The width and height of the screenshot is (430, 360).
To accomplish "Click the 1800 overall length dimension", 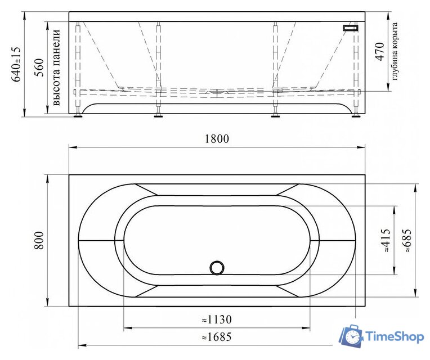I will pyautogui.click(x=217, y=139).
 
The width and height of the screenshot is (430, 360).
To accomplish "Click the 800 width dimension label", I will pyautogui.click(x=39, y=241).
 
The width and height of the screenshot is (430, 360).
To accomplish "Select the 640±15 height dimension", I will pyautogui.click(x=17, y=63).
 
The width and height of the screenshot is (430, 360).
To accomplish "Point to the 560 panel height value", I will pyautogui.click(x=39, y=67).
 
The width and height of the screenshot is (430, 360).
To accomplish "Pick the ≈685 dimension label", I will pyautogui.click(x=407, y=240).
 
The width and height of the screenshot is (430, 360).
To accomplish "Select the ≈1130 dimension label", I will pyautogui.click(x=217, y=319).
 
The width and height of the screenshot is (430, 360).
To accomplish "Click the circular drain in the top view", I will pyautogui.click(x=217, y=268).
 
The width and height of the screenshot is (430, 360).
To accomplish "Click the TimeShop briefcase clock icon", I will pyautogui.click(x=350, y=336).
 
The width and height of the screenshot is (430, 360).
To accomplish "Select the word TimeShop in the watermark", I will pyautogui.click(x=395, y=336).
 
